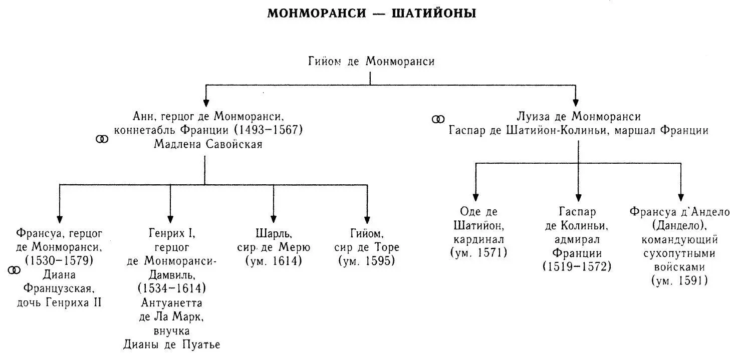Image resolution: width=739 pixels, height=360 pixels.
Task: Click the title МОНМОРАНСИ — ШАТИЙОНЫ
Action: [x=371, y=14]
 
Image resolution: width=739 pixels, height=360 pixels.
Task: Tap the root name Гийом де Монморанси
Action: [x=370, y=62]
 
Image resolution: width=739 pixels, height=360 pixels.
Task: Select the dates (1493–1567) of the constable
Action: [x=269, y=130]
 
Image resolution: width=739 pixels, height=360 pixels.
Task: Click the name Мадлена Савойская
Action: [x=208, y=145]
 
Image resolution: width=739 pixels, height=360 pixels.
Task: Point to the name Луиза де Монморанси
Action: [x=579, y=117]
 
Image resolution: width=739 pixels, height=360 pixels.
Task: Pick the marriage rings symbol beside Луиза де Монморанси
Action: [x=438, y=119]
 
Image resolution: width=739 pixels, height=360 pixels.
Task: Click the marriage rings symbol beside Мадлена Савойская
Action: [x=102, y=139]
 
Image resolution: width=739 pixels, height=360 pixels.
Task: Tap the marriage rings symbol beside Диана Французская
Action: [x=14, y=270]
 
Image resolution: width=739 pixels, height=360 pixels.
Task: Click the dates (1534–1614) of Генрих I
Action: [x=171, y=289]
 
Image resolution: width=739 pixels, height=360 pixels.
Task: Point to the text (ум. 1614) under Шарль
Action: [x=274, y=261]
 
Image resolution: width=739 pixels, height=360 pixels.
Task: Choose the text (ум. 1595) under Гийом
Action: [x=367, y=261]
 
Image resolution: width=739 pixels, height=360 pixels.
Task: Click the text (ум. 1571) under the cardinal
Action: [x=478, y=252]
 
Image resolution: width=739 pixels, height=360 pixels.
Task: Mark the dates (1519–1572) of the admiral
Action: [x=577, y=267]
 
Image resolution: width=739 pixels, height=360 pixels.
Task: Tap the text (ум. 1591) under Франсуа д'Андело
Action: [x=680, y=281]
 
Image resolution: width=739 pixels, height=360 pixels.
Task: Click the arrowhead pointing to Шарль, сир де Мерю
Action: [x=274, y=219]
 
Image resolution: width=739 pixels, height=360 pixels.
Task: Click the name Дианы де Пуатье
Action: [x=171, y=345]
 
